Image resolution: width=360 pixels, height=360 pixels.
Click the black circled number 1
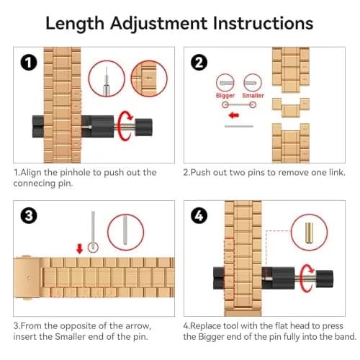(x=29, y=63)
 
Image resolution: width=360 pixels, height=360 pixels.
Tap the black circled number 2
(x=199, y=63)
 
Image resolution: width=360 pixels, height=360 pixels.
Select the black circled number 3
(x=29, y=215)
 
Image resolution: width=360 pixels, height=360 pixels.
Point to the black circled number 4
(x=199, y=215)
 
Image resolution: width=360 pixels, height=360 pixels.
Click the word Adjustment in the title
(x=158, y=24)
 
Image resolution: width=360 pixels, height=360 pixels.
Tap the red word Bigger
(x=225, y=96)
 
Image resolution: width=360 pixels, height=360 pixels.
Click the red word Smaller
(x=253, y=95)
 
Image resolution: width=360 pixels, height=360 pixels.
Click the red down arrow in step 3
(x=79, y=249)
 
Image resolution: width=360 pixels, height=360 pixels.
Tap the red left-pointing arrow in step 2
(x=234, y=115)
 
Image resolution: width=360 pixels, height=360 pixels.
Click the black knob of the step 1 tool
(x=144, y=127)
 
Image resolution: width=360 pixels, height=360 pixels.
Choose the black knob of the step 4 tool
(x=325, y=279)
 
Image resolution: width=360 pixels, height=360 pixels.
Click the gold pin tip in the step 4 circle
(x=309, y=233)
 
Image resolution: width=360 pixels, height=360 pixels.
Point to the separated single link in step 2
(x=291, y=107)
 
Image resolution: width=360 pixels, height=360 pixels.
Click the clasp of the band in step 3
(x=27, y=278)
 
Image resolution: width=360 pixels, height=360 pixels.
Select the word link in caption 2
(x=337, y=172)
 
